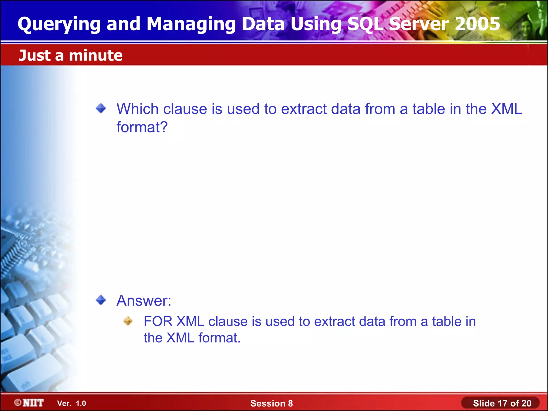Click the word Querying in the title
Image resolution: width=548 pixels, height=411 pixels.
coord(59,24)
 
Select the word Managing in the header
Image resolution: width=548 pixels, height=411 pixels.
coord(191,24)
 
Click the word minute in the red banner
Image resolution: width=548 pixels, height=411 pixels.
coord(96,55)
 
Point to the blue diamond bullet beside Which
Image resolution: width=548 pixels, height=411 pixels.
coord(101,108)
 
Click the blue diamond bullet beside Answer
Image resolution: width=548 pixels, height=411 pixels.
coord(101,300)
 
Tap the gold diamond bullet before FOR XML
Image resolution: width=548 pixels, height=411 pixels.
coord(128,321)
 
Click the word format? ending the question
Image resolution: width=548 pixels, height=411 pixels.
coord(142,127)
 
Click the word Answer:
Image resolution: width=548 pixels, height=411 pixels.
coord(144,300)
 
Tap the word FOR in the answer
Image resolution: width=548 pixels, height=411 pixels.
coord(158,321)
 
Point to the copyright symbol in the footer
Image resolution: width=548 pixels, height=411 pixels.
coord(18,402)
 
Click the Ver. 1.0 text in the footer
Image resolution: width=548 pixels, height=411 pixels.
coord(71,404)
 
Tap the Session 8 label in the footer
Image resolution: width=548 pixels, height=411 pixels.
coord(271,403)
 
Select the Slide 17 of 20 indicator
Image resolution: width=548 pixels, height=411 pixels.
coord(502,403)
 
